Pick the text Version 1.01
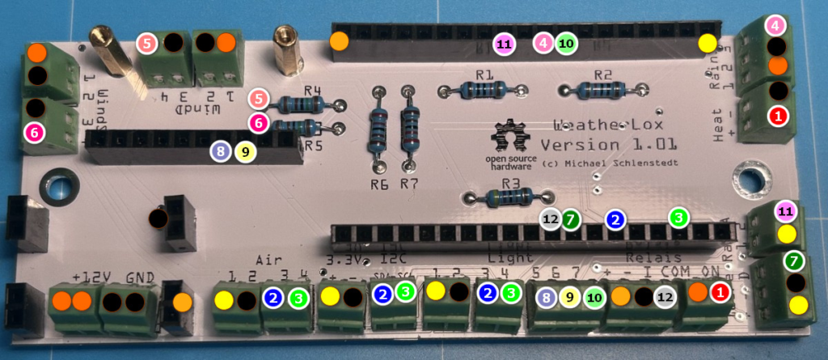point(609,146)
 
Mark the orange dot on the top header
point(340,40)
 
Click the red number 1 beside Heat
point(778,116)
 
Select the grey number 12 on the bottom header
point(551,218)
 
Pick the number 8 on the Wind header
point(218,150)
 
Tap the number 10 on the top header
point(566,43)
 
